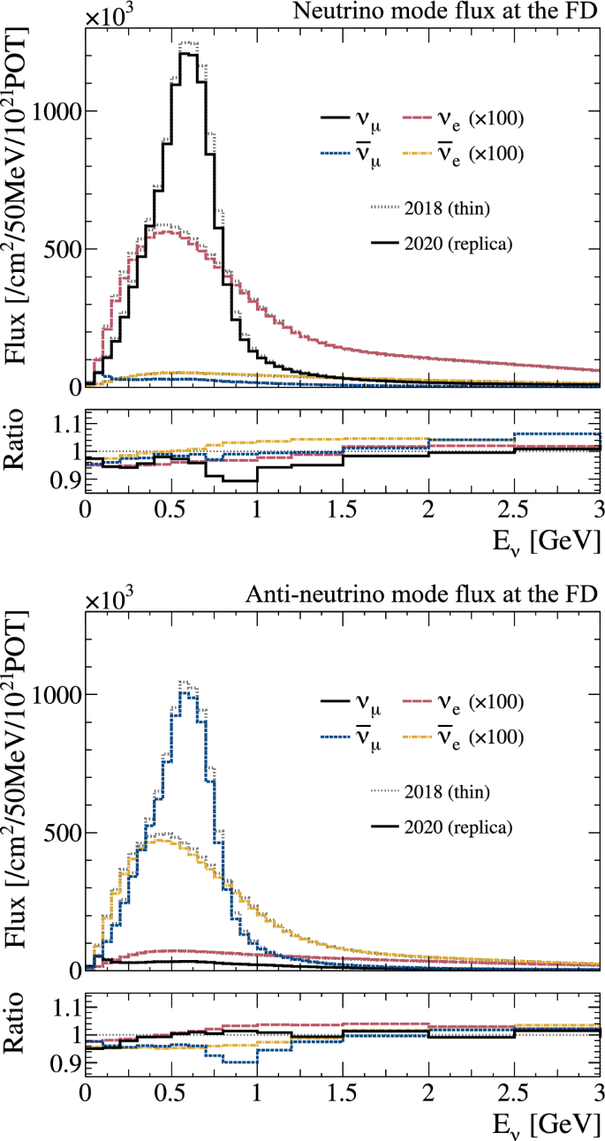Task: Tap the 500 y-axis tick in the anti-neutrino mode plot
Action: coord(61,832)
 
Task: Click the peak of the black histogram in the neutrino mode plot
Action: coord(187,55)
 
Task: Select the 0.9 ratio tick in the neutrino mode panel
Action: coord(61,480)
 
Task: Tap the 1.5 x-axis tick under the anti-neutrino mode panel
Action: coord(342,1092)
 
